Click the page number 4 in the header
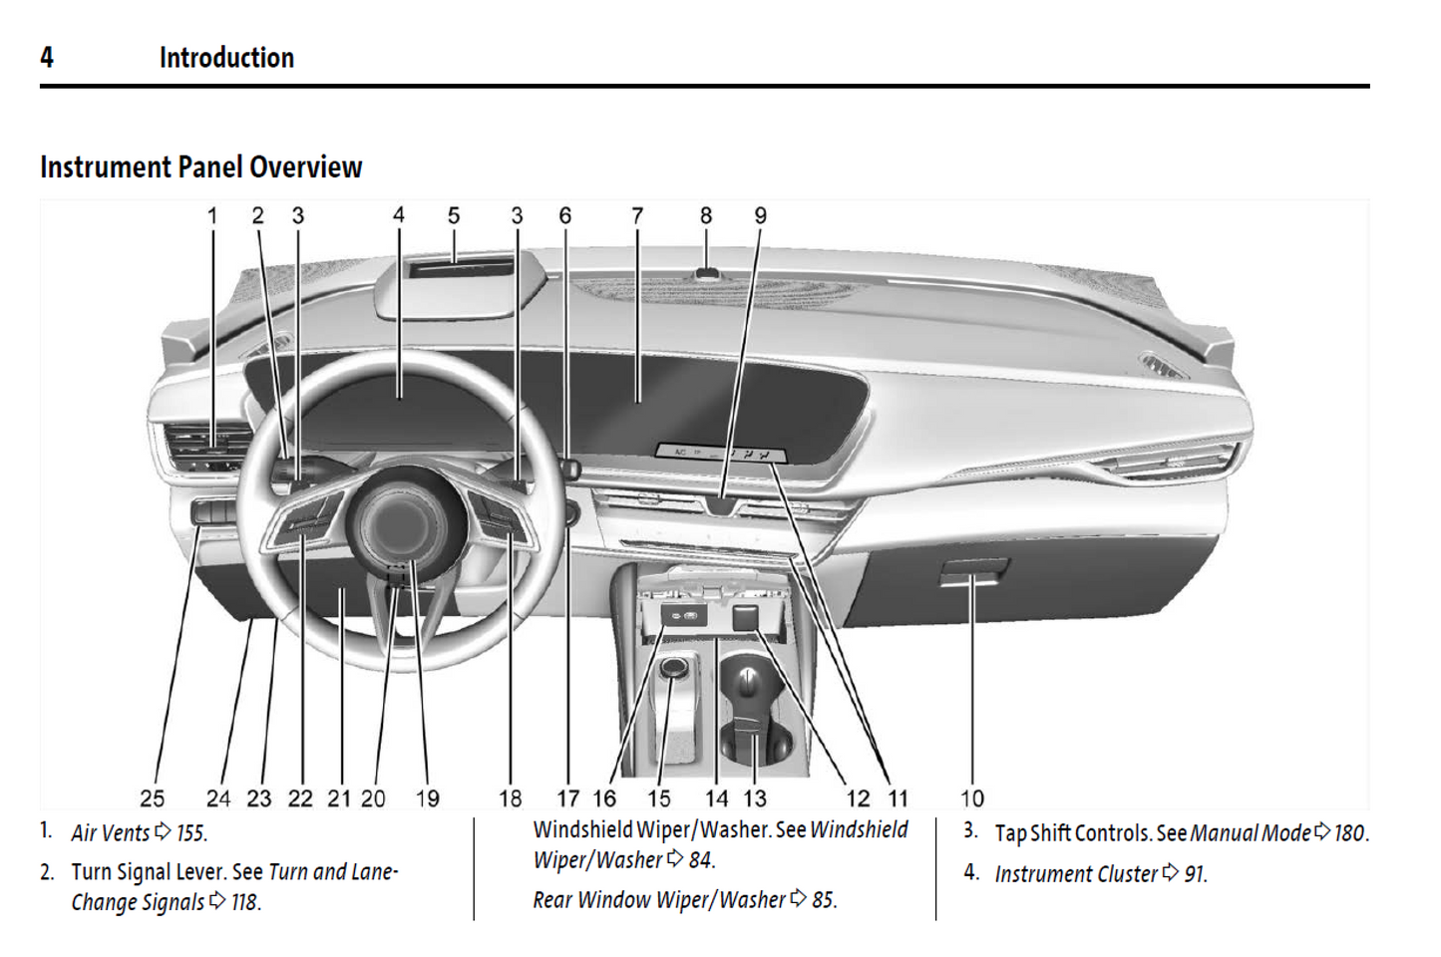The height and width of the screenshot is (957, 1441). (46, 58)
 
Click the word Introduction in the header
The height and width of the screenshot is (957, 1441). (226, 58)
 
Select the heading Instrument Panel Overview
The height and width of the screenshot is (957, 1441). (200, 167)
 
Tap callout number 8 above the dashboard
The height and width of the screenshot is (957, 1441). (706, 216)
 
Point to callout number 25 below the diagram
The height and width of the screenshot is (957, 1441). (152, 798)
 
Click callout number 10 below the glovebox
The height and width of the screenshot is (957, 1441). (972, 798)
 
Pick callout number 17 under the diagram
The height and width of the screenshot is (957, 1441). (568, 798)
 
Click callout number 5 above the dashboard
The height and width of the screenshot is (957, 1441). (454, 216)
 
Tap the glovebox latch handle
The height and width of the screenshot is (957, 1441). (972, 573)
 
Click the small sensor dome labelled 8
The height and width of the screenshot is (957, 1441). (707, 271)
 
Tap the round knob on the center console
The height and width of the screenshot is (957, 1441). (674, 667)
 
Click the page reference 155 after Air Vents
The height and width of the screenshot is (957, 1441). (190, 833)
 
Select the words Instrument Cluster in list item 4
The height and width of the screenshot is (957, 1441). (1076, 874)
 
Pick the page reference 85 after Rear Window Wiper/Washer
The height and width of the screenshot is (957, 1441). (823, 900)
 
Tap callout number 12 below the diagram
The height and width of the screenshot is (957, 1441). (858, 798)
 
